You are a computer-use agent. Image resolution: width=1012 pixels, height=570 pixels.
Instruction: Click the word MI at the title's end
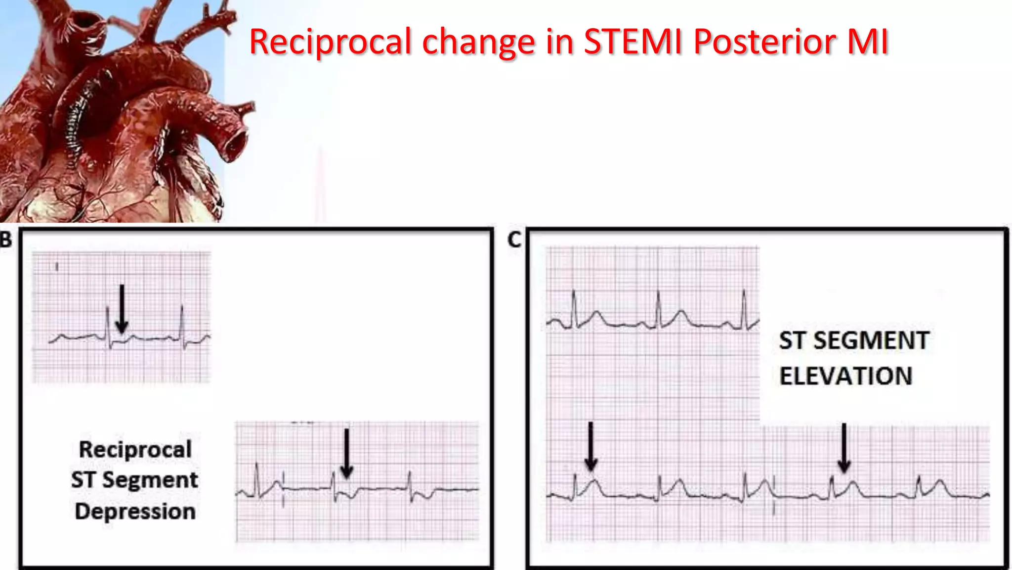coord(868,42)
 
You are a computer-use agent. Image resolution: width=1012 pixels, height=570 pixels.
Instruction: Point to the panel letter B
coord(6,240)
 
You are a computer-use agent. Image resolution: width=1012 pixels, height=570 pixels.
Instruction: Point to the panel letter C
coord(514,240)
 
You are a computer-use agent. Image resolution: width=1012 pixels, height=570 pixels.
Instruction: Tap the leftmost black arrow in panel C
coord(590,445)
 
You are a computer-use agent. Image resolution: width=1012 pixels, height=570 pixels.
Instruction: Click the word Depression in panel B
coord(135,512)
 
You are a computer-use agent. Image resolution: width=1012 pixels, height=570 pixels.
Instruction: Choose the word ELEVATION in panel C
coord(845,376)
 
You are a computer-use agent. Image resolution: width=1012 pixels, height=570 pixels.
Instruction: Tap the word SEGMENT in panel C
coord(871,341)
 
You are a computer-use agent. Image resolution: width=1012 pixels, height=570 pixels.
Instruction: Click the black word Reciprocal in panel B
coord(135,450)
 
